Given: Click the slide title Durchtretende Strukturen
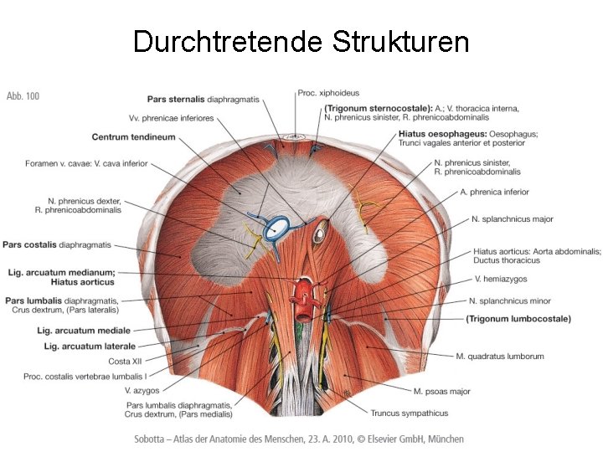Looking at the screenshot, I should pyautogui.click(x=301, y=41).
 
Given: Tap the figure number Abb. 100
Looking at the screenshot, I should pyautogui.click(x=23, y=96).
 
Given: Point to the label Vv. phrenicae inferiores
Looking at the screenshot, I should pyautogui.click(x=172, y=117).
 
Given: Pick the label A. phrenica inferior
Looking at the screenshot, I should pyautogui.click(x=495, y=192).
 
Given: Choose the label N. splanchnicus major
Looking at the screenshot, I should pyautogui.click(x=512, y=219).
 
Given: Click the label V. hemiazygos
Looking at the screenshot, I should pyautogui.click(x=501, y=279).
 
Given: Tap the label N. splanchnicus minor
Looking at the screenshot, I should pyautogui.click(x=510, y=300).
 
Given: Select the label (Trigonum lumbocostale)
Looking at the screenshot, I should pyautogui.click(x=518, y=319).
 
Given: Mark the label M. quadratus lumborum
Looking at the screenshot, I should pyautogui.click(x=500, y=357).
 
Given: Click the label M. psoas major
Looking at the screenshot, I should pyautogui.click(x=442, y=391).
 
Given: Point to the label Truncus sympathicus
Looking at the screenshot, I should pyautogui.click(x=410, y=413).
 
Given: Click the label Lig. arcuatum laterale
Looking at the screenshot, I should pyautogui.click(x=90, y=347).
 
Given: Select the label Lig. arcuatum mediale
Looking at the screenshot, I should pyautogui.click(x=88, y=331).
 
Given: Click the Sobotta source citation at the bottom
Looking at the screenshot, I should pyautogui.click(x=299, y=439).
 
